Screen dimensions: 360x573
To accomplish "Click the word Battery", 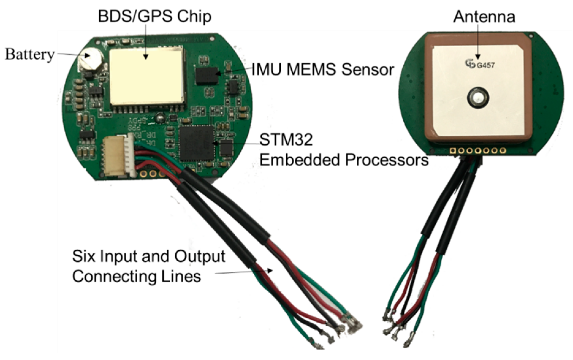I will [x=29, y=55].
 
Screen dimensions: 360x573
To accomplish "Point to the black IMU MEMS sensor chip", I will [x=207, y=75].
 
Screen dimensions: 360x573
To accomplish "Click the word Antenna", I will [x=484, y=17].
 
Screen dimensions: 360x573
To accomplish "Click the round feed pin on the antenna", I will [x=477, y=98].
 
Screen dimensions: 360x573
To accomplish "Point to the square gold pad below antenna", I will [x=452, y=150].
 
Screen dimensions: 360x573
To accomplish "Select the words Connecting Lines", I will [x=136, y=276].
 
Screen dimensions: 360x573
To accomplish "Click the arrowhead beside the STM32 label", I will [x=215, y=143].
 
